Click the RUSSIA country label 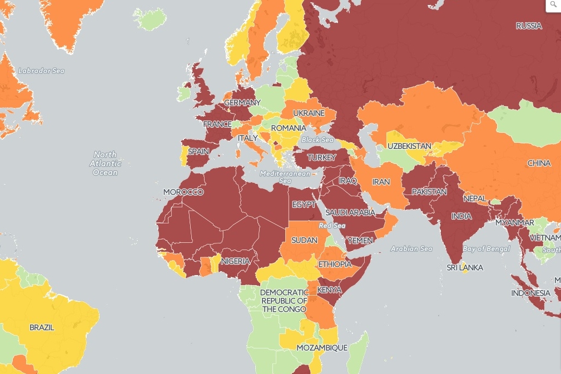[528, 26]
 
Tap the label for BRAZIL [42, 327]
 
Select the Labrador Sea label [41, 71]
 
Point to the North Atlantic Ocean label [105, 163]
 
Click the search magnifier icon [553, 5]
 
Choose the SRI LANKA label [465, 267]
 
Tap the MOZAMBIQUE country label [321, 347]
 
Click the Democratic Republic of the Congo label [284, 301]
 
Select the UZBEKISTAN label [409, 146]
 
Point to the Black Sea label [317, 140]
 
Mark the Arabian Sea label [411, 248]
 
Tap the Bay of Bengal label [486, 248]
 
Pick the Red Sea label [332, 226]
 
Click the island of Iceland [150, 20]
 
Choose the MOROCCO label [183, 192]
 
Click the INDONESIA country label [531, 293]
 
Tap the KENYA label [329, 290]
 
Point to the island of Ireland [184, 93]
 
